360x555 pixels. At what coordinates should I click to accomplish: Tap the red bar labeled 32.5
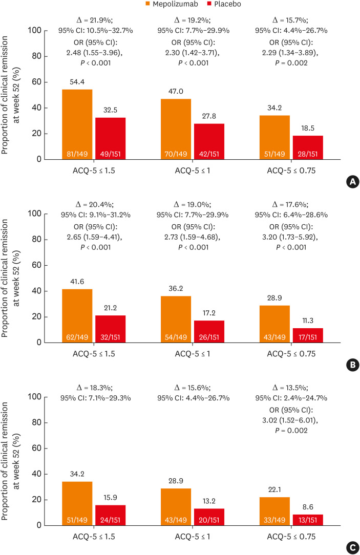pyautogui.click(x=110, y=138)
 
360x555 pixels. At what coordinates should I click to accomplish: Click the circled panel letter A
pyautogui.click(x=352, y=182)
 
